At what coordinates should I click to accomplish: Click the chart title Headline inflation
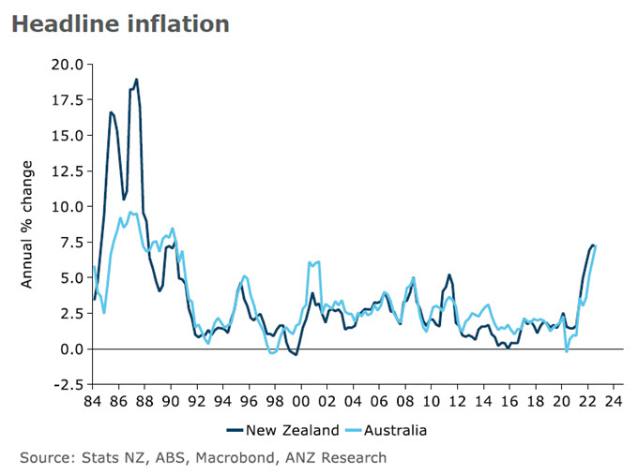(x=120, y=24)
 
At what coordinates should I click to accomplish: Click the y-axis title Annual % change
(x=27, y=224)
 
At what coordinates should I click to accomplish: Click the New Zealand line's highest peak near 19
(x=136, y=80)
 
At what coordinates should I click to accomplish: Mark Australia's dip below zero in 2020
(x=567, y=351)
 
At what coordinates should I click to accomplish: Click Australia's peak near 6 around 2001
(x=319, y=261)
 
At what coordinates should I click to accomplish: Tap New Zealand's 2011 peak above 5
(x=450, y=275)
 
